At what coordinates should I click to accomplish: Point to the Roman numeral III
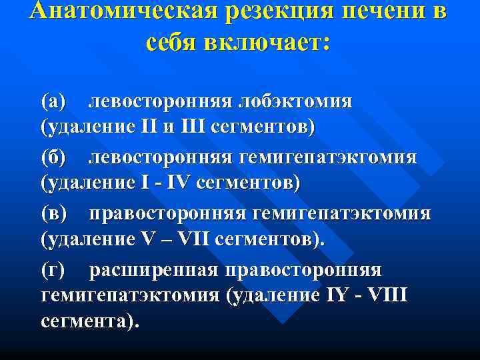pos(191,126)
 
